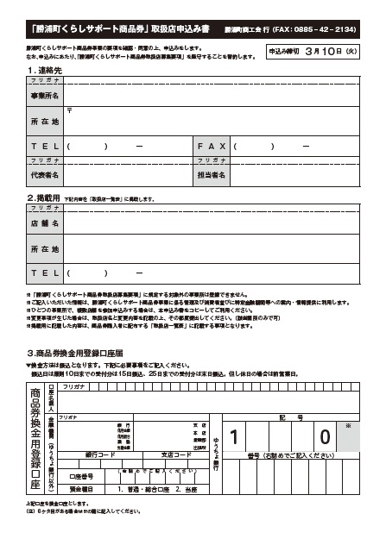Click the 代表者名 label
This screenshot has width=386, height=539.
pyautogui.click(x=44, y=174)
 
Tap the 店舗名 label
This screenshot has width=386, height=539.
pyautogui.click(x=44, y=223)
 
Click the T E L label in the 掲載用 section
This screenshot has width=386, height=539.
pyautogui.click(x=44, y=273)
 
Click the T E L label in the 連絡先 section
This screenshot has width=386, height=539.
pyautogui.click(x=44, y=146)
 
